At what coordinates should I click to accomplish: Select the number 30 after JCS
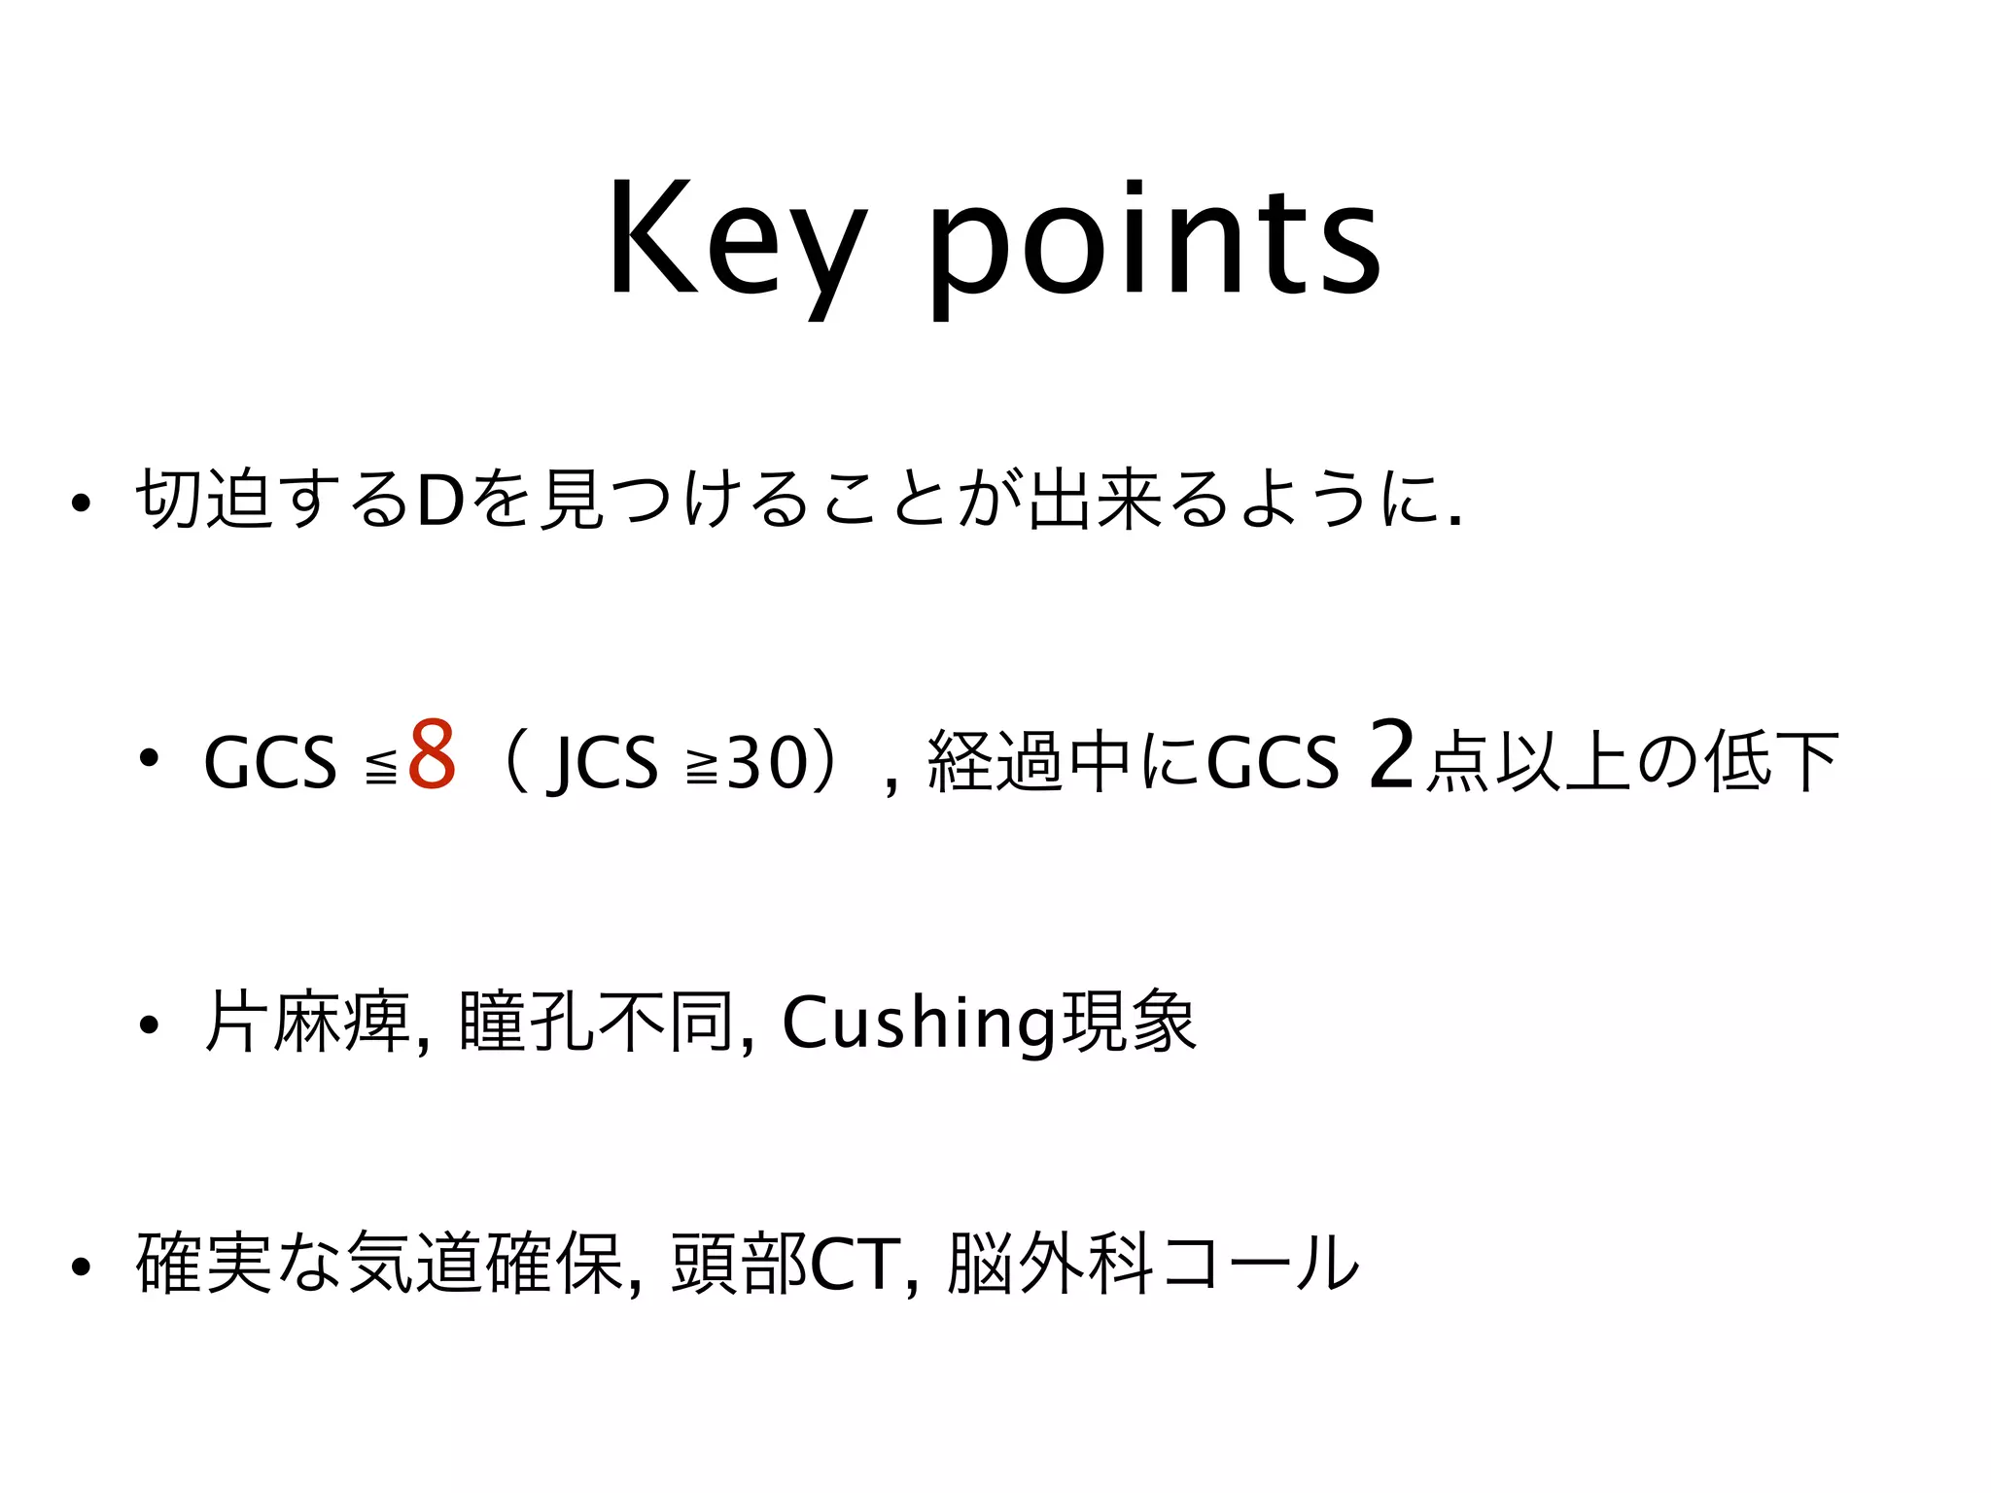pos(767,762)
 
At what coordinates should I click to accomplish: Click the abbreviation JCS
pos(603,764)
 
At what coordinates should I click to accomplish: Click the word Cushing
pos(919,1024)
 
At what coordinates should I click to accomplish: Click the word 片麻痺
pos(307,1023)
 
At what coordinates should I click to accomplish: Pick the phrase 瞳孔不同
pos(595,1023)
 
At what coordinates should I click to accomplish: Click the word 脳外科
pos(1051,1265)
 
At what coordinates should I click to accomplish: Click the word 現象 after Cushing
pos(1128,1023)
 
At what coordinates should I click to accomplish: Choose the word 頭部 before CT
pos(739,1265)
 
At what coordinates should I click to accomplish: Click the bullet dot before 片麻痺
pos(148,1024)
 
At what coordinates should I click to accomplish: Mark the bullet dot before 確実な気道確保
pos(81,1267)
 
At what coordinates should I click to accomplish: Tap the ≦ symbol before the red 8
pos(381,770)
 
